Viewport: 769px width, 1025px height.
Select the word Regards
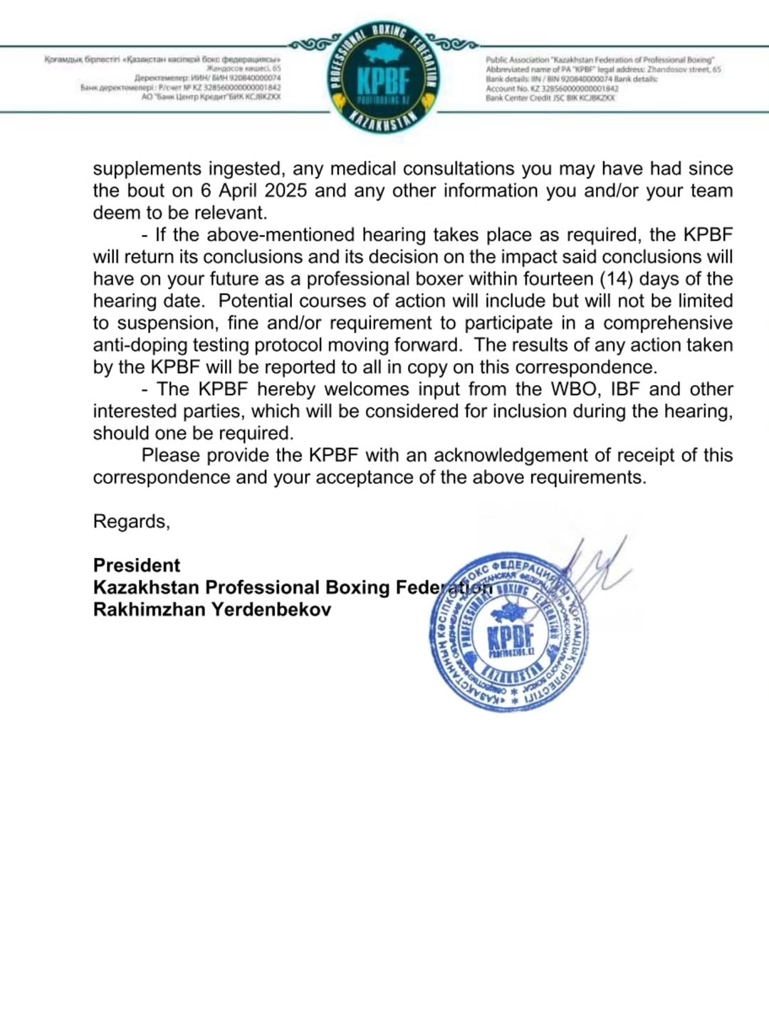pos(131,522)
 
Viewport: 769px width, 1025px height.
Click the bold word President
pos(137,565)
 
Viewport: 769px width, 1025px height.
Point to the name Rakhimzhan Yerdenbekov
pos(211,609)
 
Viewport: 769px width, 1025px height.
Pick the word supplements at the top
pos(147,169)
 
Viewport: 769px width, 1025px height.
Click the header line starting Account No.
pos(552,89)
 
